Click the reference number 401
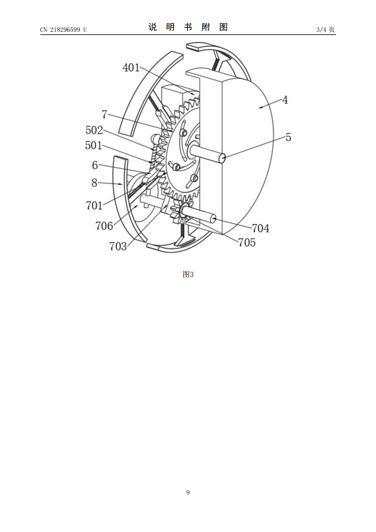pos(131,68)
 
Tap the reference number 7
pos(105,114)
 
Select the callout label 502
pos(94,130)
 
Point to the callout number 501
pos(94,145)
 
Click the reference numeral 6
pos(95,165)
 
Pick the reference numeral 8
pos(94,183)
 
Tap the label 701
pos(94,205)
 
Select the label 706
pos(104,226)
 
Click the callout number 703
pos(118,246)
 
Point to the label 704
pos(261,228)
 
